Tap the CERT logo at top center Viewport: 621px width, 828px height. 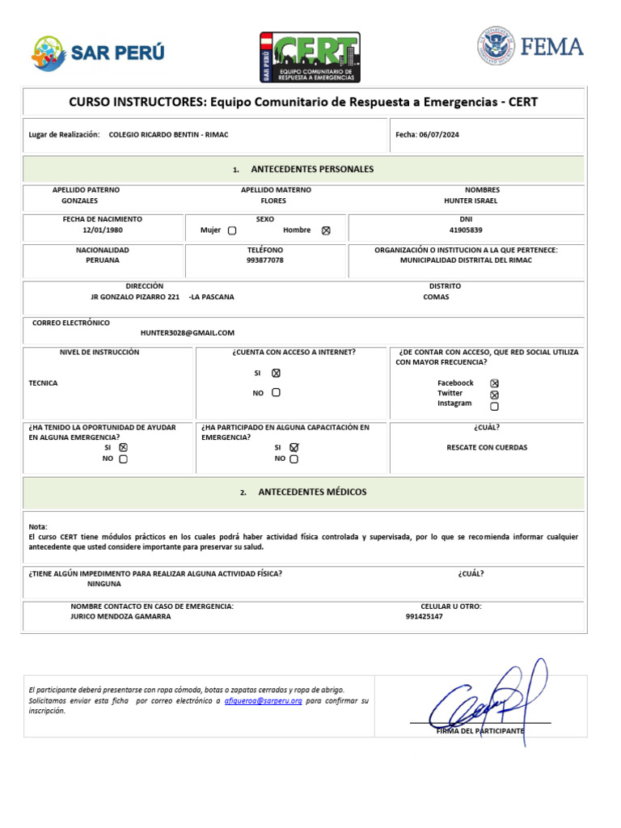[310, 57]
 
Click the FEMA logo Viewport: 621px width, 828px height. [530, 46]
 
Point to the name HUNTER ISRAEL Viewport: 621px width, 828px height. [471, 201]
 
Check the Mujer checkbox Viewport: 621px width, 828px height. [232, 230]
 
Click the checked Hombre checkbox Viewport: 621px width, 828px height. [326, 230]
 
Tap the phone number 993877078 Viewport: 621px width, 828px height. [265, 260]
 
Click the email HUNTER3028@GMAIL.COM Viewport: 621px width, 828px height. [187, 332]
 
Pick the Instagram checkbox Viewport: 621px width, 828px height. [494, 406]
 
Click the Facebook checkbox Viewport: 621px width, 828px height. [494, 383]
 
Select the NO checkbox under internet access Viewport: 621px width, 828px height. [277, 393]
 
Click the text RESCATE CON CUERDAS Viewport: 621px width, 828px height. [487, 447]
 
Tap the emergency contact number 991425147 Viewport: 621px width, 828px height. [425, 616]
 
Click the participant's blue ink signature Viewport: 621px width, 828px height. [485, 699]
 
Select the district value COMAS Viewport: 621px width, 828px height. [436, 297]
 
